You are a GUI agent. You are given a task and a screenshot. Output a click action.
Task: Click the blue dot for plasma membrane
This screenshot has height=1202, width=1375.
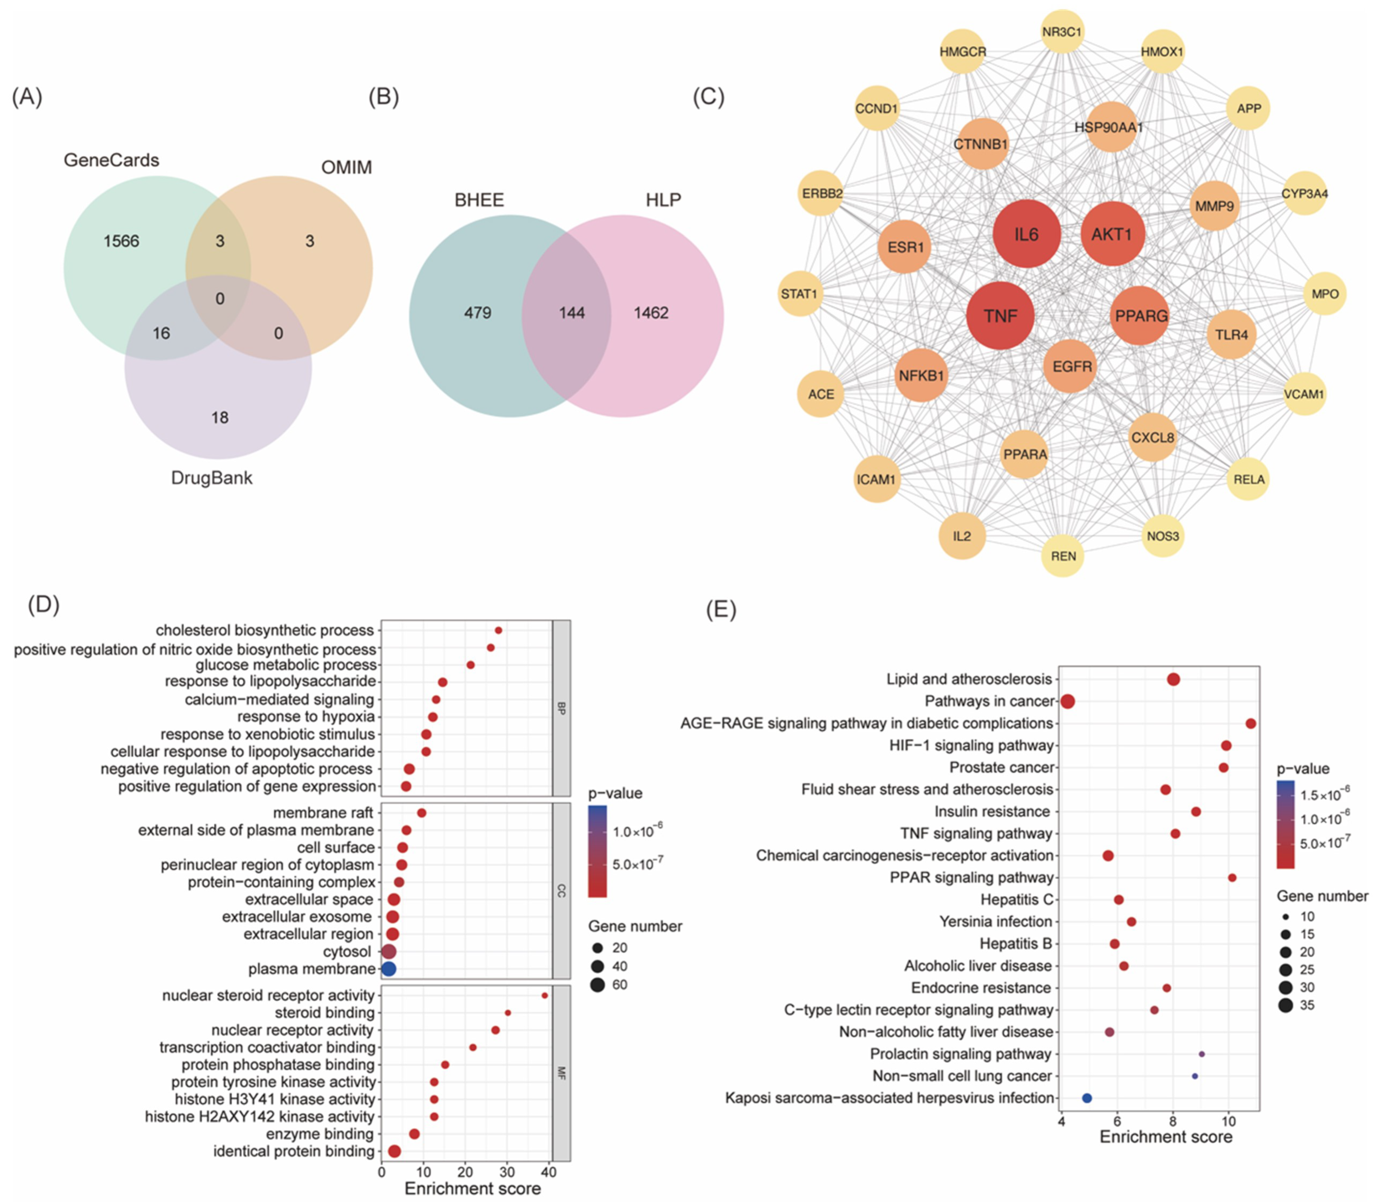click(388, 969)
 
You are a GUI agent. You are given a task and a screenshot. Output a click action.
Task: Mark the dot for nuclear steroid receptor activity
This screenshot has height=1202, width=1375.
click(545, 995)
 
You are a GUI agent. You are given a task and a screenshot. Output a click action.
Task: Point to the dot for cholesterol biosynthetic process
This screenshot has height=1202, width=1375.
click(498, 630)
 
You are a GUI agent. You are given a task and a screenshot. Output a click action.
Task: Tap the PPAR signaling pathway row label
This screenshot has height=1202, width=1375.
click(971, 877)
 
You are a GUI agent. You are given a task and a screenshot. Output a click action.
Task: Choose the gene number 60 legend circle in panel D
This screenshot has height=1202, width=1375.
click(598, 985)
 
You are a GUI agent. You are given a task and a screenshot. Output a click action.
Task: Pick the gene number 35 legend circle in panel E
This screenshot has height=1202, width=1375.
click(1285, 1005)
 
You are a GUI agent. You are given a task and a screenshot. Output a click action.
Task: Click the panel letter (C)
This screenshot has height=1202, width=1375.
click(708, 97)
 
